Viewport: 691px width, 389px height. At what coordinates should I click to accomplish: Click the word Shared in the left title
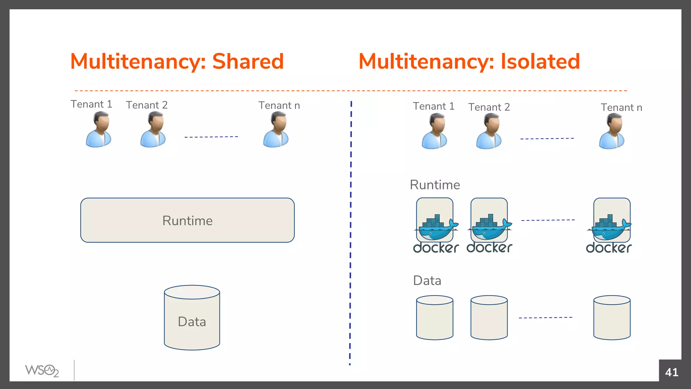click(248, 61)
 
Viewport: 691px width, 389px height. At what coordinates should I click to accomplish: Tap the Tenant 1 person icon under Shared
click(98, 130)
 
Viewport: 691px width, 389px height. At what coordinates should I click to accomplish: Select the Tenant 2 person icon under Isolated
click(489, 131)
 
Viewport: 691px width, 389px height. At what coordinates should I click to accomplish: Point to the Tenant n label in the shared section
click(279, 105)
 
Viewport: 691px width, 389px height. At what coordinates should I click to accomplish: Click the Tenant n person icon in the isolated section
click(612, 131)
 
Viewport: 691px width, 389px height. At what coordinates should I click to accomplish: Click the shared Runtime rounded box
click(187, 220)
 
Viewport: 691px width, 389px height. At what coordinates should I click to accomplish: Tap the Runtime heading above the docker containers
click(435, 185)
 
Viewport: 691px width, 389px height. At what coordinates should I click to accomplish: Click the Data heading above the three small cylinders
click(427, 281)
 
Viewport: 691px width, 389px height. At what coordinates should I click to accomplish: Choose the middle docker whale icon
click(490, 228)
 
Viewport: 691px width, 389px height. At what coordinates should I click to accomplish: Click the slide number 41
click(671, 372)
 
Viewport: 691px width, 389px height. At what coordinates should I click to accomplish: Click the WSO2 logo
click(42, 371)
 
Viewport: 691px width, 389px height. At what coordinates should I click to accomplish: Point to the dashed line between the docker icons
click(548, 220)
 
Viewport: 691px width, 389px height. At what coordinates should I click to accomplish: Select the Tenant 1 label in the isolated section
click(434, 106)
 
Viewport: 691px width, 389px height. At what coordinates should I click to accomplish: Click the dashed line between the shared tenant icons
click(211, 137)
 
